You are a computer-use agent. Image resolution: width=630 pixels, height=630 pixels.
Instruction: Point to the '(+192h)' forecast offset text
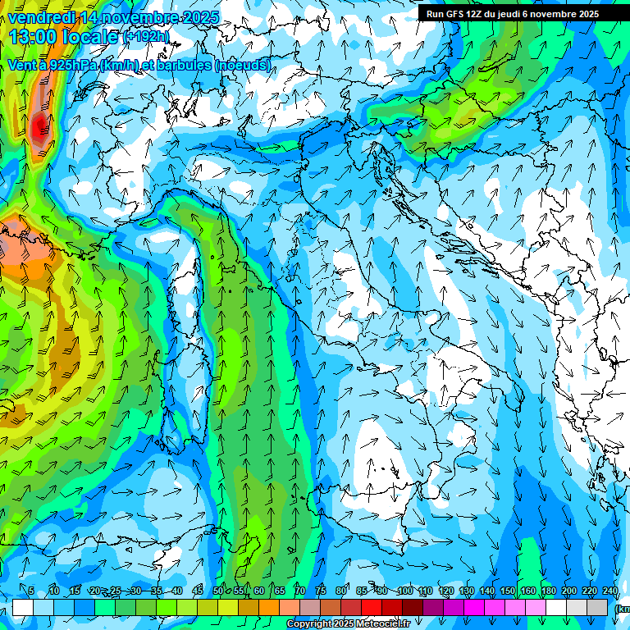coord(146,38)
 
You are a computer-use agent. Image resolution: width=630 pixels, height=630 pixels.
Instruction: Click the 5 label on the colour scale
coord(31,591)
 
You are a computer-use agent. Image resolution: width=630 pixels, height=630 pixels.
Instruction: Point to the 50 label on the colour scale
coord(218,591)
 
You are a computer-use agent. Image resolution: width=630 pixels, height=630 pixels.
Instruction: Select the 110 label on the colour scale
coord(425,591)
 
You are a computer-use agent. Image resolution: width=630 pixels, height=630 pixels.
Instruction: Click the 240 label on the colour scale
coord(609,591)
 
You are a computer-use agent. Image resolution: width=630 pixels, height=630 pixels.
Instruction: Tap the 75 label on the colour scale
coord(321,591)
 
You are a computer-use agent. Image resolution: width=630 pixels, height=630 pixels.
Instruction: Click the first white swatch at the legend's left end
coord(22,607)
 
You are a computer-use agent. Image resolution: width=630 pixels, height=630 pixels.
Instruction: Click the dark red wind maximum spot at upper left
coord(39,125)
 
